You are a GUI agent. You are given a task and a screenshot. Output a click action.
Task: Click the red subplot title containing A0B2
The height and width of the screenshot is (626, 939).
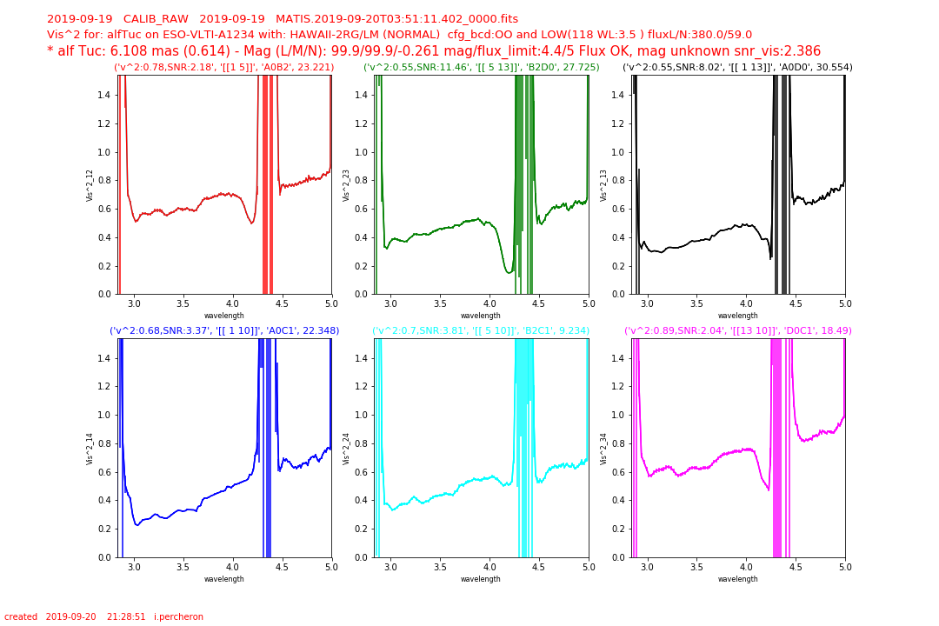224,67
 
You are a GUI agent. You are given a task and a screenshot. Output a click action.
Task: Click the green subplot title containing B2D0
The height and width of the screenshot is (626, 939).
482,67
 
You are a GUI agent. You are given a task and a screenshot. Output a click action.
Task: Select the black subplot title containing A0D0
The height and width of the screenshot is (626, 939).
738,67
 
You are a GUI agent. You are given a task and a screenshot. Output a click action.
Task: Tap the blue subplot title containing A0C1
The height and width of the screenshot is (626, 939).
224,330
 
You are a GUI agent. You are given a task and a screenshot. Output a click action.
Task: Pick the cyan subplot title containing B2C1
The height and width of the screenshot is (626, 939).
481,330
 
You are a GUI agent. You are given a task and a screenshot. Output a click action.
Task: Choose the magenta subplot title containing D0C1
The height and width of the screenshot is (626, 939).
738,330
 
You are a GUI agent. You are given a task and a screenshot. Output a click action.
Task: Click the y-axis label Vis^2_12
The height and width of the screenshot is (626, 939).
90,186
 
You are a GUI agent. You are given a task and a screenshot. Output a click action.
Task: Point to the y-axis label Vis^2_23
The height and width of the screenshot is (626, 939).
346,186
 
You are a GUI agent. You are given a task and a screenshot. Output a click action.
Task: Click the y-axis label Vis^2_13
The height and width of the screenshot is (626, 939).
603,186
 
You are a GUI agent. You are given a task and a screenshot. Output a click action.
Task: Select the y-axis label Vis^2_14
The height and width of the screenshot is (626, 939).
90,450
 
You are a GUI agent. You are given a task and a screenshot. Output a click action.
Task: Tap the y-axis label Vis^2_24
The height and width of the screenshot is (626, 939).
346,450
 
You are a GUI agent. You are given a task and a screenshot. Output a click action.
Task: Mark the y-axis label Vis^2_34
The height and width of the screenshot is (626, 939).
603,450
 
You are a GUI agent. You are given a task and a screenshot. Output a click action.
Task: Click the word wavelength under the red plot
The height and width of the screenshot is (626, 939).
224,316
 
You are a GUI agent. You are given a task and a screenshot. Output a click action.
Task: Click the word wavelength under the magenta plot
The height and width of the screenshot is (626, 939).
738,579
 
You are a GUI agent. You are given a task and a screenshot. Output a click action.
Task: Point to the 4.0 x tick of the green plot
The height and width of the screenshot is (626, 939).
489,303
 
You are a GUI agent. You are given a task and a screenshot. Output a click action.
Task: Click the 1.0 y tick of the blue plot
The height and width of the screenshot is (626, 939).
105,415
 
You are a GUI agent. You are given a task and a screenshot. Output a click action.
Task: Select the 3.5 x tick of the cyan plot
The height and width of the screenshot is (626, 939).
440,567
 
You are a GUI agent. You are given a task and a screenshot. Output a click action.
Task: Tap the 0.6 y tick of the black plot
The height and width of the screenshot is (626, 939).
619,209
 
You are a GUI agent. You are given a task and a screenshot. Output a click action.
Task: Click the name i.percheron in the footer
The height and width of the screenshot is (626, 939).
178,616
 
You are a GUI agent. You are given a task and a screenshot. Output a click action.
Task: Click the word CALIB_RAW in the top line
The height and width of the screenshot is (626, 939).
156,19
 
